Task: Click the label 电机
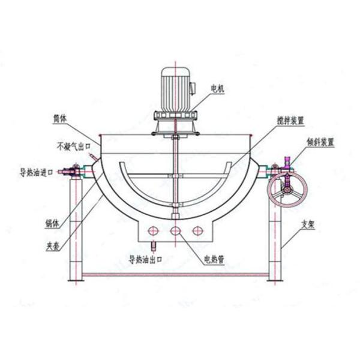[217, 88]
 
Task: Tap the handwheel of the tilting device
[287, 191]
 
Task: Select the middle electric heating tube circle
[175, 230]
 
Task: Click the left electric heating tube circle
[154, 230]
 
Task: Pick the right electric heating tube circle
[197, 230]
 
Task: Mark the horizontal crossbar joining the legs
[175, 275]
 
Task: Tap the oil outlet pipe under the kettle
[152, 245]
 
